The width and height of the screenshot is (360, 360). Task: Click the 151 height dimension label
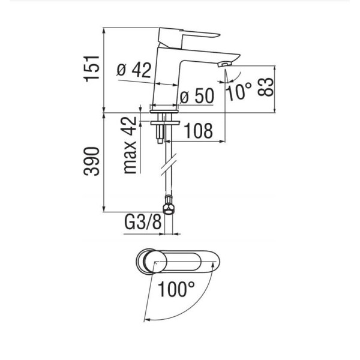coord(92,68)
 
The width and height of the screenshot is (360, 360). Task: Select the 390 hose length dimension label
coord(92,161)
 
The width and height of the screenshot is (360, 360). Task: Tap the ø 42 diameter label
coord(134,70)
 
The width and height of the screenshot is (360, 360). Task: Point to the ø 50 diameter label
coord(197,96)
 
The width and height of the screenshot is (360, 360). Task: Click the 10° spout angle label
coord(239,91)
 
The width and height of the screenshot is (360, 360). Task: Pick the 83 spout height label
coord(265,87)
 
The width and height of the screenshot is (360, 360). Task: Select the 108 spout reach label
coord(199,131)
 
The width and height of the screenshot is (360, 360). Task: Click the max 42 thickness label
coord(130,145)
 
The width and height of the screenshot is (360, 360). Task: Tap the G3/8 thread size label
coord(143,222)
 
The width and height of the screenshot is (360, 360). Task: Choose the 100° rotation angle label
coord(176,289)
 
